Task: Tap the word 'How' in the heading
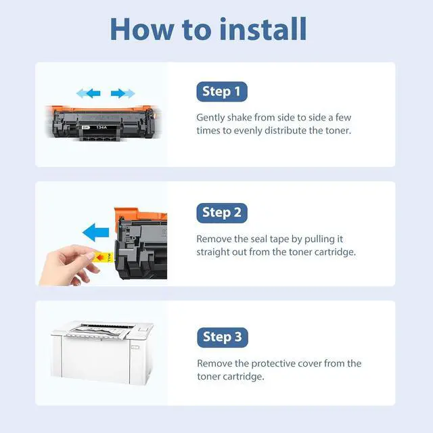coord(142,29)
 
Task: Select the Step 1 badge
coord(222,91)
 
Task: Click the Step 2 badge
coord(222,213)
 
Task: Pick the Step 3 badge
coord(223,337)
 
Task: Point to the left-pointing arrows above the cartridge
coord(89,93)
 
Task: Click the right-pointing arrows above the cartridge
coord(123,93)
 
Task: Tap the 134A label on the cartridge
coord(101,127)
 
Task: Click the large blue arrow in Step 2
coord(96,232)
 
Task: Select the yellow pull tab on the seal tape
coord(104,257)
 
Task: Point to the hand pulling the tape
coord(69,266)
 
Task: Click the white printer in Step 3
coord(101,352)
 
